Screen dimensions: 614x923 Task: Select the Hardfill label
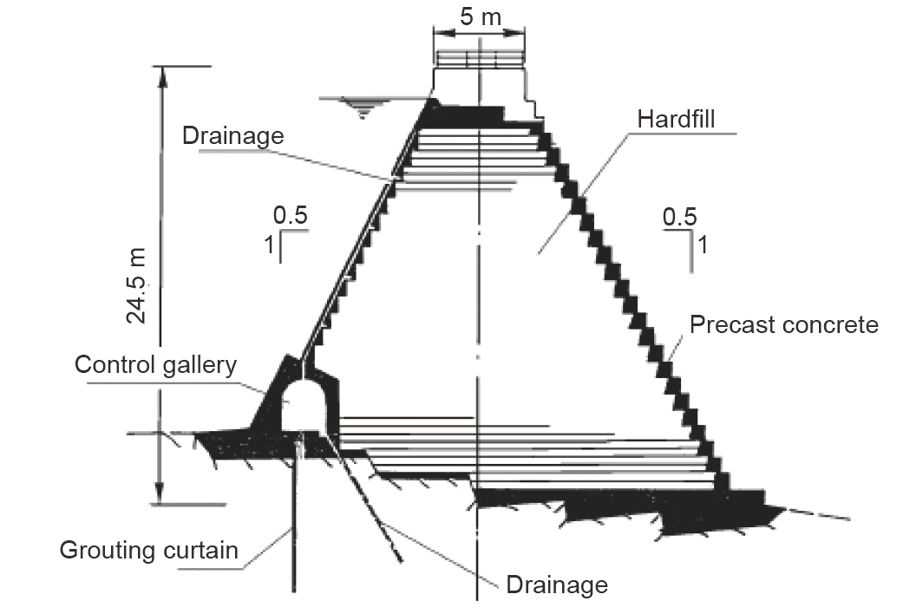click(676, 119)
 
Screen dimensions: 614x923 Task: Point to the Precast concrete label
click(783, 324)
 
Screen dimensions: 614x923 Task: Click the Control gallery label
click(155, 364)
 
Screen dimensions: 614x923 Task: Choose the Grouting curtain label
click(148, 550)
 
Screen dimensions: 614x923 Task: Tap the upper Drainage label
click(232, 135)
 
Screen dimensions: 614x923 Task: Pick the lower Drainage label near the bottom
click(557, 585)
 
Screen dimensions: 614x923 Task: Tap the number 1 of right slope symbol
click(703, 245)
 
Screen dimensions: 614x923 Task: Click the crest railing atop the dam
click(480, 59)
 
